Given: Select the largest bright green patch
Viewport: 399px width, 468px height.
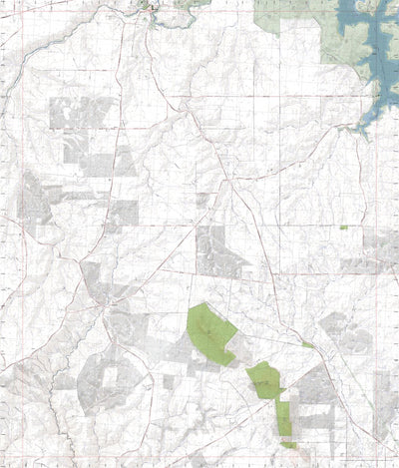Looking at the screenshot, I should coord(209,330).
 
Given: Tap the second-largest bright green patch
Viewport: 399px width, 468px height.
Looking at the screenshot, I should coord(264,379).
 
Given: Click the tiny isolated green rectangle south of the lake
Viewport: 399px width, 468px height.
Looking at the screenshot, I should coord(343,228).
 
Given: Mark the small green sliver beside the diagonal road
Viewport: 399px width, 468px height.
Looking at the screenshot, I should coord(308,345).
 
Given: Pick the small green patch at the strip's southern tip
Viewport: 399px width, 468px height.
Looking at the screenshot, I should coord(288,443).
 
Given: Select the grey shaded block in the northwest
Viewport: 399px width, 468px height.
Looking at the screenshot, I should coord(80,115).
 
